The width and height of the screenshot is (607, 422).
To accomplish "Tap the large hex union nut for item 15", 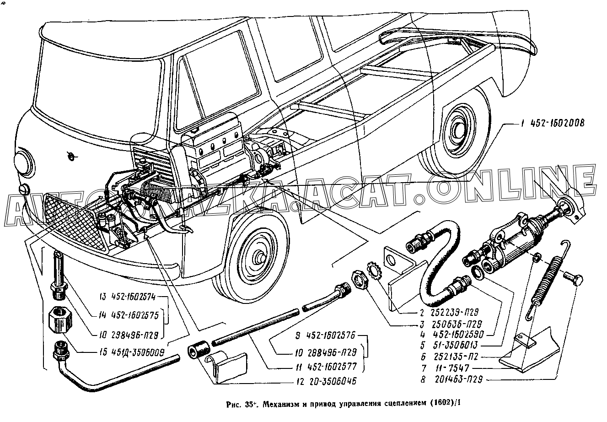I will pyautogui.click(x=59, y=320).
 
